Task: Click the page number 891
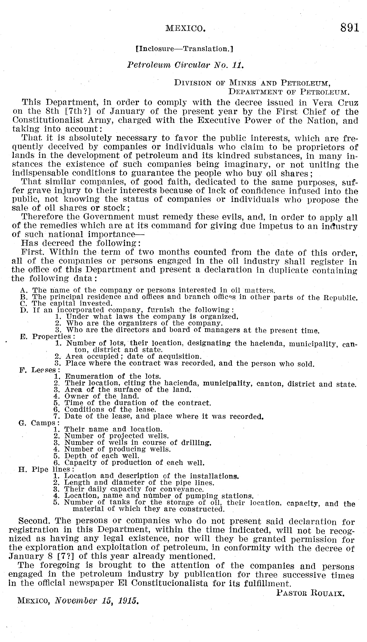(349, 27)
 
